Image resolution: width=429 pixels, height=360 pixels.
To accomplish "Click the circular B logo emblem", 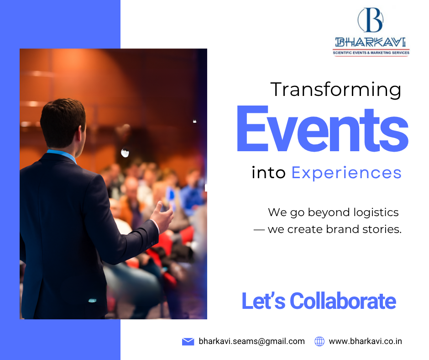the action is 371,20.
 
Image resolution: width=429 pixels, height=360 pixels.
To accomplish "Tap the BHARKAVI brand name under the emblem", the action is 371,42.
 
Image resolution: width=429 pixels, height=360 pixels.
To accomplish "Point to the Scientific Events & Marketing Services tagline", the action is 371,53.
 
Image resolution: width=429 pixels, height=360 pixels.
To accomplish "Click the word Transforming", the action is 336,90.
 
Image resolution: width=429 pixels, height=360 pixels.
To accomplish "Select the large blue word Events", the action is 323,129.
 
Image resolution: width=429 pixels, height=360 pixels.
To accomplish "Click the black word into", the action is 268,173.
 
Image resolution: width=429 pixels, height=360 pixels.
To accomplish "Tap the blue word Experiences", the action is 346,173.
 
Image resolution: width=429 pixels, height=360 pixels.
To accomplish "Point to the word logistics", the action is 376,212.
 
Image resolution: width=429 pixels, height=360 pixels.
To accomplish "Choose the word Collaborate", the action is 343,301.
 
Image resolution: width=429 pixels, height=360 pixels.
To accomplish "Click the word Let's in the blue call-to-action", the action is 263,301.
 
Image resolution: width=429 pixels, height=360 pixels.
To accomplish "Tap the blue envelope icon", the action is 188,342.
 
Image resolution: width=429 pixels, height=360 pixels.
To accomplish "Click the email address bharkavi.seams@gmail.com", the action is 252,341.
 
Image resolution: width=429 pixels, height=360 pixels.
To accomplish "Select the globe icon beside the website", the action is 319,341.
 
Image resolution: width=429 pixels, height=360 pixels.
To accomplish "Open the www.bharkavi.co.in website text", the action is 365,341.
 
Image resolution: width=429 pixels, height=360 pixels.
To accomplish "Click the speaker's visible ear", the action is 81,131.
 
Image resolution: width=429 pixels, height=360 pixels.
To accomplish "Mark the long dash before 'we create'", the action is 259,230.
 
